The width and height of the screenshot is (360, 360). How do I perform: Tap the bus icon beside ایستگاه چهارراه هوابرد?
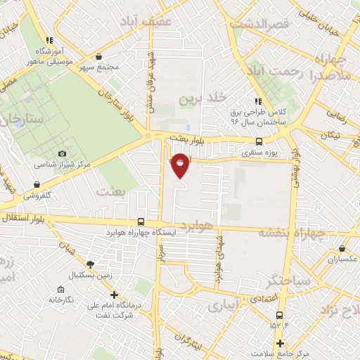(x=142, y=220)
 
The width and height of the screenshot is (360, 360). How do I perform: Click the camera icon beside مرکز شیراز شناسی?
(x=63, y=154)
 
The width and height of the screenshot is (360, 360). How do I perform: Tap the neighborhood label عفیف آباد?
(x=147, y=22)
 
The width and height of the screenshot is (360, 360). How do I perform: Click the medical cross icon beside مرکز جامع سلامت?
(x=281, y=343)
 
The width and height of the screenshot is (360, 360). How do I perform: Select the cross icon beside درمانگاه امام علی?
(x=115, y=295)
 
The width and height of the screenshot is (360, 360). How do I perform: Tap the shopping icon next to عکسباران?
(x=342, y=248)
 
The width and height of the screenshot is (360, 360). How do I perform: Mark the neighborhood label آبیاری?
(x=223, y=307)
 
